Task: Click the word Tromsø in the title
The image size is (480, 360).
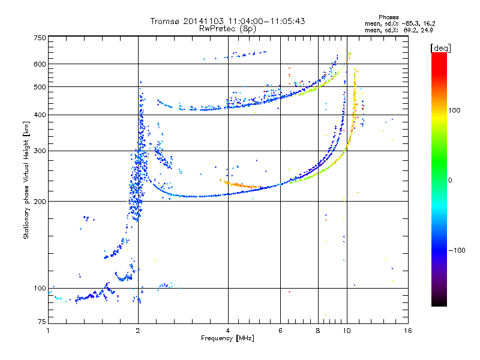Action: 166,21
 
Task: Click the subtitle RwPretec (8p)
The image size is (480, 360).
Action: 227,29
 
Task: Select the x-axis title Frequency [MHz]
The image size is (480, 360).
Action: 227,338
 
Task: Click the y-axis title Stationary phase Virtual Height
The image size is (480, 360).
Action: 26,180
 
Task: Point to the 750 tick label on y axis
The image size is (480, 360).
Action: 40,38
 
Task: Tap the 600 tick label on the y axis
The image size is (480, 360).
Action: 40,64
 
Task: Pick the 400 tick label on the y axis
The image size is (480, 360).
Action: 40,115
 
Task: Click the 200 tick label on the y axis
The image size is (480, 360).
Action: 40,202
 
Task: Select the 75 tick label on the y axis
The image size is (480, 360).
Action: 42,322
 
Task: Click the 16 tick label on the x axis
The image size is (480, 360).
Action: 408,331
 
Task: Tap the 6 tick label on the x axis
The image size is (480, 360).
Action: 280,331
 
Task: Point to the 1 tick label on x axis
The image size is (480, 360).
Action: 48,331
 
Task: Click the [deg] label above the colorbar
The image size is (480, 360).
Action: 440,48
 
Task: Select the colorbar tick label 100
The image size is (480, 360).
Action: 454,110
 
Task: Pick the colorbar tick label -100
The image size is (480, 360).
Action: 457,250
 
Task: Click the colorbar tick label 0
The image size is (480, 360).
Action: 450,181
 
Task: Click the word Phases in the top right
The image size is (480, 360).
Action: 388,17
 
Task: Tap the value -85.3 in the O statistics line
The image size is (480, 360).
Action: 410,24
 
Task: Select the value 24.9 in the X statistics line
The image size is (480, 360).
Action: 427,31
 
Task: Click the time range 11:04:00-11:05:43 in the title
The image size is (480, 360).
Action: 266,21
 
